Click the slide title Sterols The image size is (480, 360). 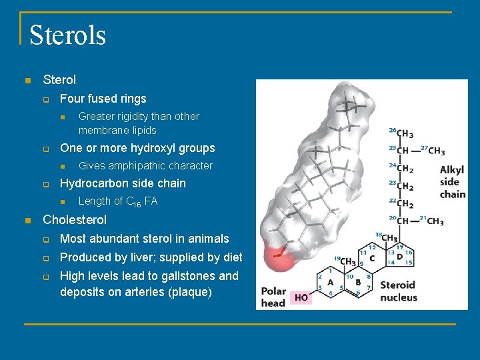click(67, 35)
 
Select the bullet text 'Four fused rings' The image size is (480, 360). click(103, 99)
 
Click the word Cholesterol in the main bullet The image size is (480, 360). click(74, 219)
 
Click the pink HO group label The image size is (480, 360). click(301, 297)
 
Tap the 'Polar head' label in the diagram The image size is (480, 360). click(273, 297)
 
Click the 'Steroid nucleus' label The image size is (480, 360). click(399, 291)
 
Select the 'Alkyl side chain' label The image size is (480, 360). click(452, 182)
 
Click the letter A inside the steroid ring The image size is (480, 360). click(331, 283)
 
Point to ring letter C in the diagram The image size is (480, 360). click(371, 258)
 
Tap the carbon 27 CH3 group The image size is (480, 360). click(436, 151)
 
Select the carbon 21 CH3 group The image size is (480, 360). click(434, 221)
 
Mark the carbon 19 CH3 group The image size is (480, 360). click(347, 261)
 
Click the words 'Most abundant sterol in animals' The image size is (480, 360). click(144, 239)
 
